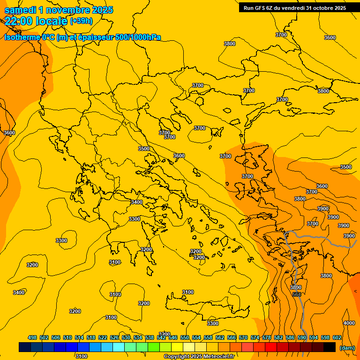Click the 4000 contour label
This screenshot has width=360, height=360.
349,323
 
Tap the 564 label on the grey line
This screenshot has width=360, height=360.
296,294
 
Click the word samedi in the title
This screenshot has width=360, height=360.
21,10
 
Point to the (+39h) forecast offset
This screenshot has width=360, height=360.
81,21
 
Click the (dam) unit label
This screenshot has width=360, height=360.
347,348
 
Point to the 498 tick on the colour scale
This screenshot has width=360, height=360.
32,337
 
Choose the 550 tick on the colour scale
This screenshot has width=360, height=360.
185,337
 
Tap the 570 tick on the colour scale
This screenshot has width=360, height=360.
243,337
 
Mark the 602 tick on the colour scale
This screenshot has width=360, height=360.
337,337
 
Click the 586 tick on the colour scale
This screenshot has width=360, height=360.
290,337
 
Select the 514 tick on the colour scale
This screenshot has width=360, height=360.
79,337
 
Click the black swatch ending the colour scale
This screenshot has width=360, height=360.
330,347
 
